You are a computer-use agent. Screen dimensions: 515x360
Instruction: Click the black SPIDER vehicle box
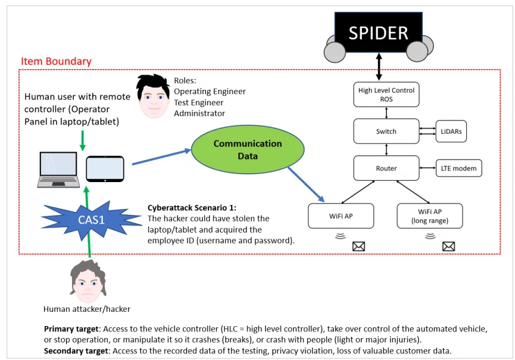379,32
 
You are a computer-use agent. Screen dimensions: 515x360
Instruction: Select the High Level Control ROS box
386,95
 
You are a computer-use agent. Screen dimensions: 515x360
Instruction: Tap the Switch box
386,132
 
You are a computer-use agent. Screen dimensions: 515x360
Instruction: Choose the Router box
386,168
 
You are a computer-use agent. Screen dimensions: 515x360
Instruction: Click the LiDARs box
451,132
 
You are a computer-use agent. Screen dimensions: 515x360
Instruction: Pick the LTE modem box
459,168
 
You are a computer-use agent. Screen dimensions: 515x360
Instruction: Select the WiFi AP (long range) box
430,216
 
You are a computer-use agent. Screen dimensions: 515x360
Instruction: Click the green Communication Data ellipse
248,149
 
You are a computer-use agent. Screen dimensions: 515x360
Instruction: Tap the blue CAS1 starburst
91,219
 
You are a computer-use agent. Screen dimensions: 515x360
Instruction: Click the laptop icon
58,170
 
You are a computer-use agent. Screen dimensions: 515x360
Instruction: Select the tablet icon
105,169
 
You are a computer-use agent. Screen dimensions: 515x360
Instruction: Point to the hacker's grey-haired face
88,282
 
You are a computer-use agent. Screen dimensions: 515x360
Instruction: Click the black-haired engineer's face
154,96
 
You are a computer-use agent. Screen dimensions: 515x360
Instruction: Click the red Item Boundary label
56,61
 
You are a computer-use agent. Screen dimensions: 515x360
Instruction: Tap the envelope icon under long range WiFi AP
448,246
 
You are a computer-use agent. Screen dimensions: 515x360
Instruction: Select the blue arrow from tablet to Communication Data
161,157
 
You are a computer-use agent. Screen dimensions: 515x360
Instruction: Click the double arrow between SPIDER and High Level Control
379,67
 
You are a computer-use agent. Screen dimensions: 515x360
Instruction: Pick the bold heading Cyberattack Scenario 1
192,208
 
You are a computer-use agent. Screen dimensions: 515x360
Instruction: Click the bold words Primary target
71,329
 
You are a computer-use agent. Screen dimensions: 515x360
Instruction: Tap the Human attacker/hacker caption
87,309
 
